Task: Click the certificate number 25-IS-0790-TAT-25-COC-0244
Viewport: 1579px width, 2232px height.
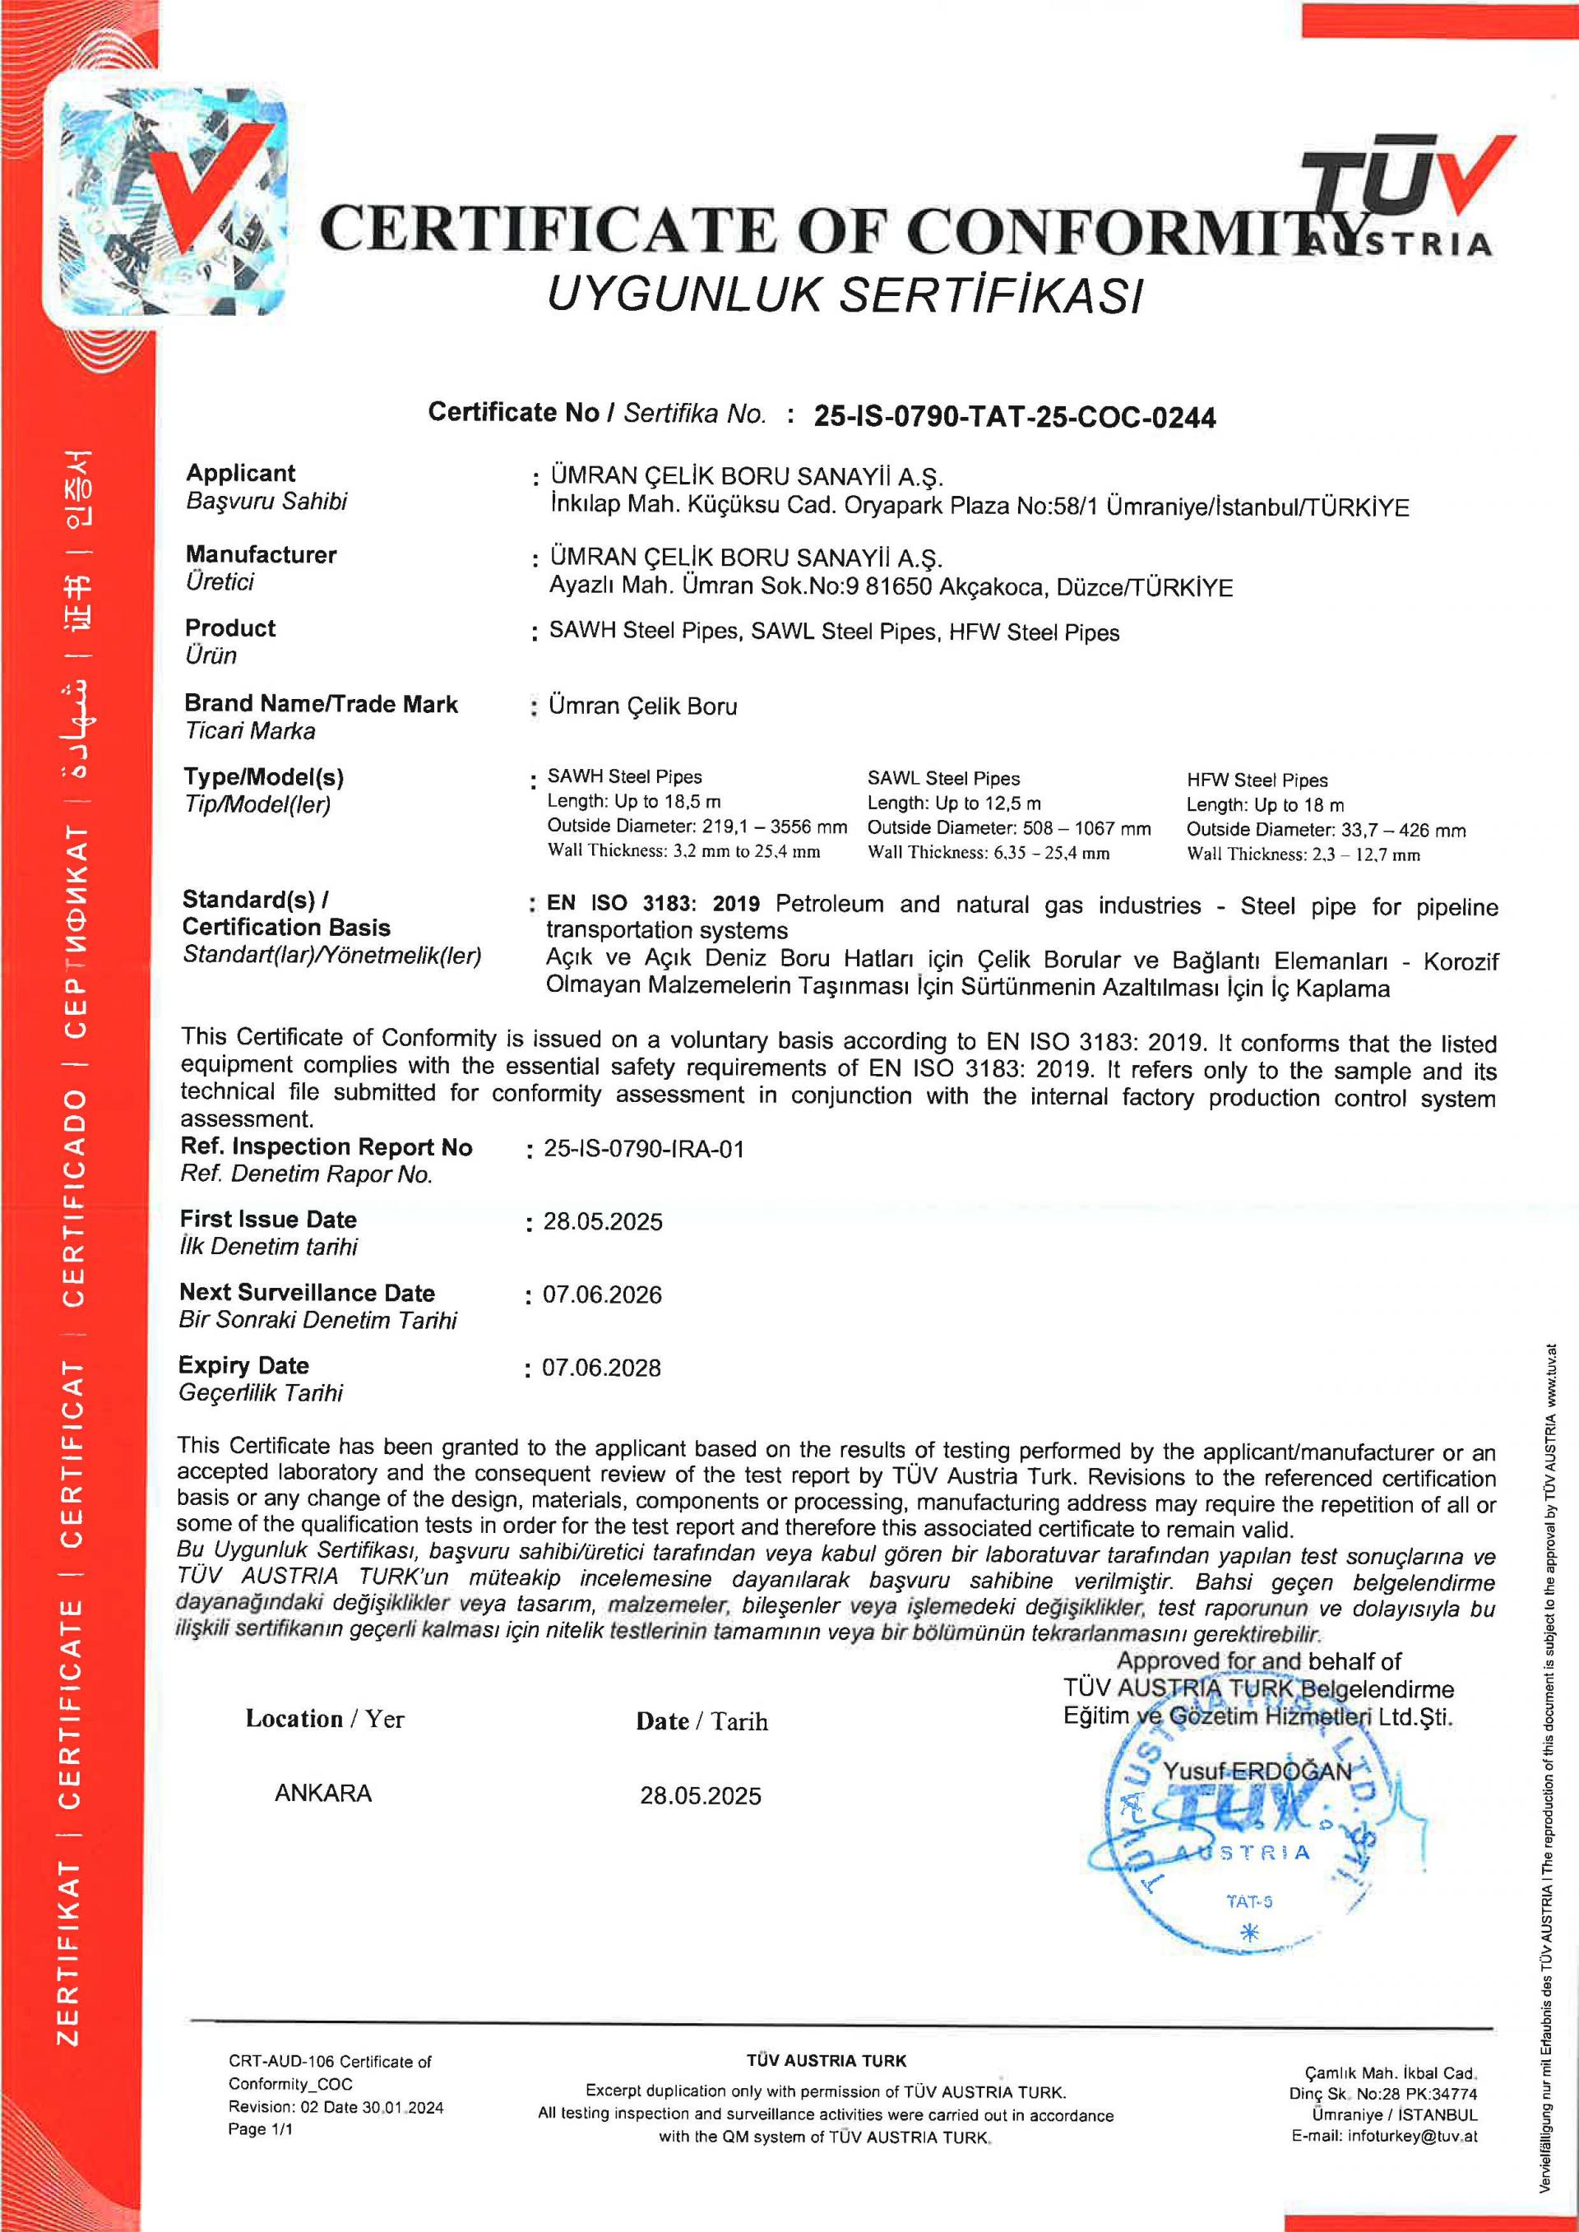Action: (1014, 417)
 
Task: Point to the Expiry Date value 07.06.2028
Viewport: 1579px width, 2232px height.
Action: (601, 1368)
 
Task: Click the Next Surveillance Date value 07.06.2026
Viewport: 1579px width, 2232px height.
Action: (602, 1294)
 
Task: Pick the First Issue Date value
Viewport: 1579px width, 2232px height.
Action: (603, 1222)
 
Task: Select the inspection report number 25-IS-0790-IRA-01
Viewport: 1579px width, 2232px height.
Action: (644, 1149)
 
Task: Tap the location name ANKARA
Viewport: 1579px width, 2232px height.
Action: (323, 1793)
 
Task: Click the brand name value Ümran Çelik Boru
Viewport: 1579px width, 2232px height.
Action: (642, 706)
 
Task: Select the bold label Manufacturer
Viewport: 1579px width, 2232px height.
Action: (261, 554)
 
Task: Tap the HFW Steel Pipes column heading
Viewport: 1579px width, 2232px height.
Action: (1256, 780)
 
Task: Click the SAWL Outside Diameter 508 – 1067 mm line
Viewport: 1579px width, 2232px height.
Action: (1008, 828)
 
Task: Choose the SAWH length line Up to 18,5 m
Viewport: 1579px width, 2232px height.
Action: (634, 801)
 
